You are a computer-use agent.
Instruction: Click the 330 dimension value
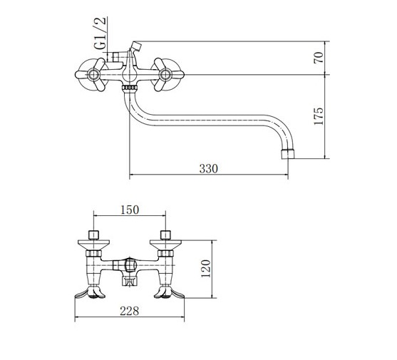tap(208, 169)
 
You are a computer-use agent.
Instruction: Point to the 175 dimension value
tap(319, 116)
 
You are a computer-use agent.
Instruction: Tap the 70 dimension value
tap(319, 58)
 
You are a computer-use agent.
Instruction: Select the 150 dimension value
tap(130, 210)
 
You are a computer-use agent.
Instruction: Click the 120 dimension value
tap(205, 269)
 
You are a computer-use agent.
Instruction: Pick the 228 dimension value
tap(130, 311)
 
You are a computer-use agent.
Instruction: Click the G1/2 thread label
tap(100, 34)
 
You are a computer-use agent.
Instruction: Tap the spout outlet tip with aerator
tap(289, 154)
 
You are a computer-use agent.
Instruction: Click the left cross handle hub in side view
tap(93, 75)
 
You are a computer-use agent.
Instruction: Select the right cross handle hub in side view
tap(165, 75)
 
